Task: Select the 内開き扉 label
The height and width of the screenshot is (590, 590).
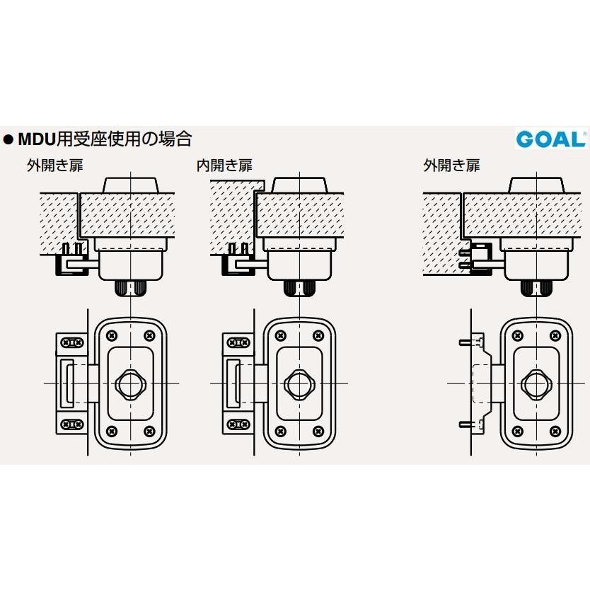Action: coord(224,166)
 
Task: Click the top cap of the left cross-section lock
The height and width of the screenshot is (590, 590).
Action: coord(131,185)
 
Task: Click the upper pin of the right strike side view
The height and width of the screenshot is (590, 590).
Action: coord(463,342)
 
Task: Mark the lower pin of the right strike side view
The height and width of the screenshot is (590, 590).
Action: coord(463,424)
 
